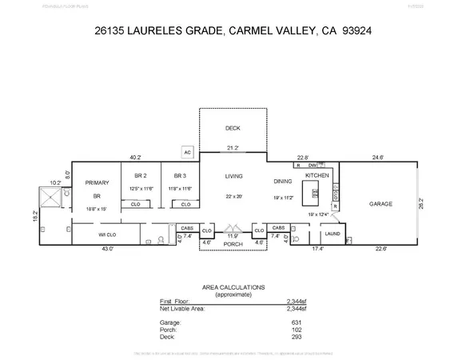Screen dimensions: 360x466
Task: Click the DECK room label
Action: click(233, 129)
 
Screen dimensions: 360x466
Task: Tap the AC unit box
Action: click(187, 151)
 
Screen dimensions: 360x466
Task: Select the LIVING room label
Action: click(233, 176)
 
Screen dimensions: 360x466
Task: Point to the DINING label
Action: click(282, 181)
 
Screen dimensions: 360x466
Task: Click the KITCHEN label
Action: click(317, 174)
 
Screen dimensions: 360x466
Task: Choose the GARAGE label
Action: click(380, 204)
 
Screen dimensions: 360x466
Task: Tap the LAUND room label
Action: click(332, 234)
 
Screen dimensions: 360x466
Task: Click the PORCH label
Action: click(233, 244)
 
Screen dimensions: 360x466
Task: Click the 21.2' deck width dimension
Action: click(233, 148)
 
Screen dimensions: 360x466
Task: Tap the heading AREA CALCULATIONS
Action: click(233, 286)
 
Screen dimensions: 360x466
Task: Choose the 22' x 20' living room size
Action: click(233, 197)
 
